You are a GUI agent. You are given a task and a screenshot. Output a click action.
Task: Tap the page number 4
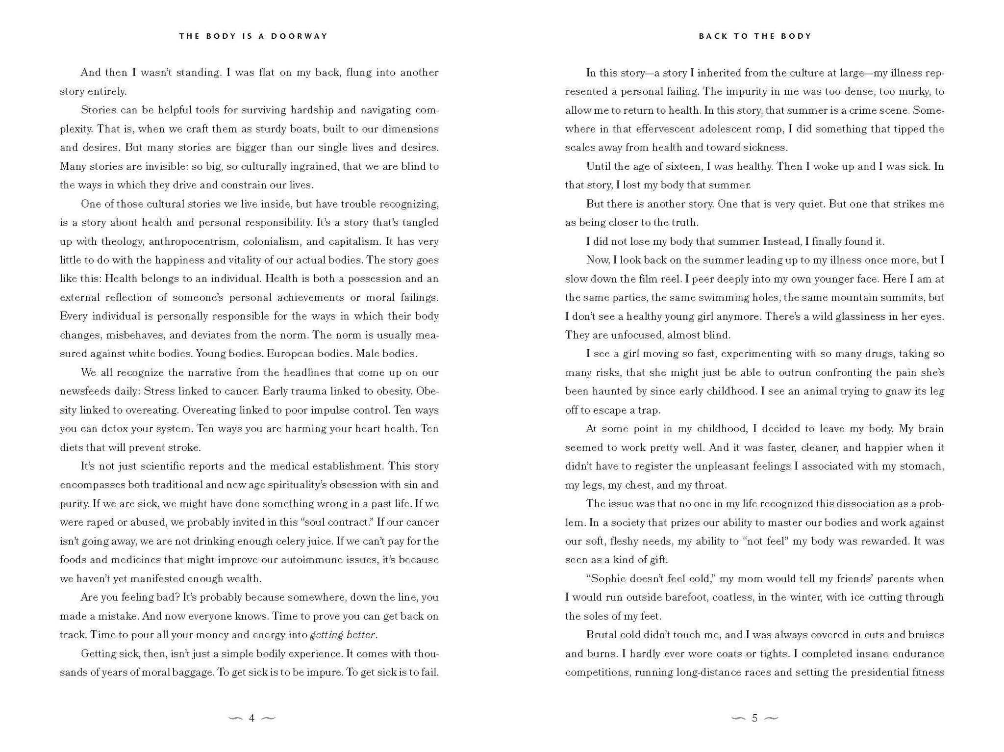pyautogui.click(x=251, y=718)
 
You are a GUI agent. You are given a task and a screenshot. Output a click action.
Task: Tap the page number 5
pyautogui.click(x=754, y=718)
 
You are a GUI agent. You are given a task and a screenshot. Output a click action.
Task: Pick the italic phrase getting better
pyautogui.click(x=344, y=635)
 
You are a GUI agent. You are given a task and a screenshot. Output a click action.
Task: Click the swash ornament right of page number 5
pyautogui.click(x=771, y=719)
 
